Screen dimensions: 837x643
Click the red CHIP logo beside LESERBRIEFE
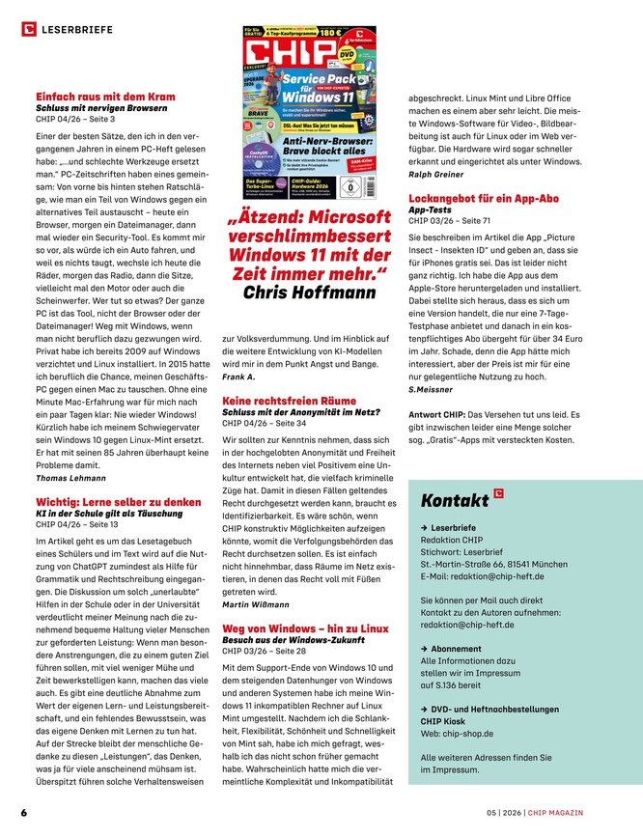(x=28, y=30)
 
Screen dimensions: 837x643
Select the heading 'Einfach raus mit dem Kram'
(x=105, y=97)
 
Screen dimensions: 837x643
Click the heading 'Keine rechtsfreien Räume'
(x=288, y=399)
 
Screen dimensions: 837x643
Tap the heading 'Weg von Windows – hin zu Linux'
(x=305, y=628)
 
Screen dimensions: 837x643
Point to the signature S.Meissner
(x=432, y=389)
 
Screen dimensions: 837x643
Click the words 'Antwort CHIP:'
(x=440, y=414)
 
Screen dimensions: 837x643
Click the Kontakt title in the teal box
(x=455, y=500)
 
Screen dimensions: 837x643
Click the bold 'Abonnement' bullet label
(x=456, y=649)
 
